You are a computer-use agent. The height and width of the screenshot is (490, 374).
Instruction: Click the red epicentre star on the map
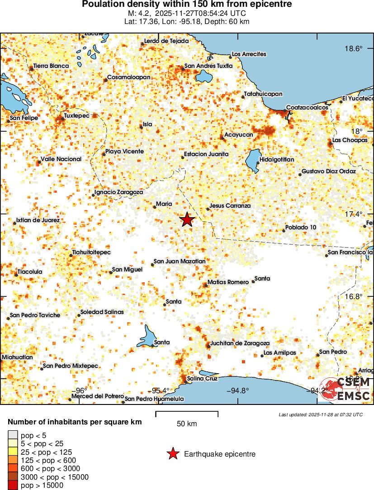pos(187,220)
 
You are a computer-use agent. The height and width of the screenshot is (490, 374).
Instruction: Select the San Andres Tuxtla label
pos(208,66)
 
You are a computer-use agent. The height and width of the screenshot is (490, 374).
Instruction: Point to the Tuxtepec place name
pos(80,115)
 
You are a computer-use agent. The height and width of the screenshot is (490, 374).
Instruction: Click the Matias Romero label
pos(228,282)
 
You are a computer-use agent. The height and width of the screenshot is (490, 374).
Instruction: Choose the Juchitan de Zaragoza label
pos(240,343)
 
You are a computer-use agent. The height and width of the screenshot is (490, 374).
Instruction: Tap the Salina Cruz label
pos(202,378)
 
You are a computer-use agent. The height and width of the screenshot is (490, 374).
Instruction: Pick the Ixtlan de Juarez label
pos(38,220)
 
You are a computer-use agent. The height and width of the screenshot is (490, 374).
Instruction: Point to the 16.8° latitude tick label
pos(353,296)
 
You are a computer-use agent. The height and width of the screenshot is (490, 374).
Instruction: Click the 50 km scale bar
pos(187,414)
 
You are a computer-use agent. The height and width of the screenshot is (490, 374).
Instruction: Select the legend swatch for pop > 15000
pos(13,485)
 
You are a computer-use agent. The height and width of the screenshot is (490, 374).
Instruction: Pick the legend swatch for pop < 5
pos(13,435)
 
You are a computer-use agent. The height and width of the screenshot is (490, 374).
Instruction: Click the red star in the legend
pos(173,454)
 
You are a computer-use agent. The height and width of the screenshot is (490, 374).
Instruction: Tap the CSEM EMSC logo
pos(347,389)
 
